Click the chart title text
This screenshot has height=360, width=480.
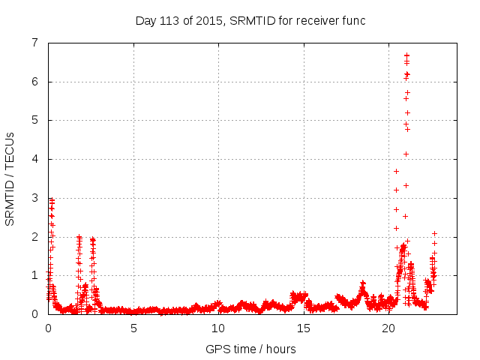pos(250,20)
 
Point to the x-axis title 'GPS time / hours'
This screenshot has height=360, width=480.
pos(250,349)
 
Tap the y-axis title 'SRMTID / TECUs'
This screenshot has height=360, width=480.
pos(10,178)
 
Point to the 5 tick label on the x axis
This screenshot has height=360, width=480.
pos(133,328)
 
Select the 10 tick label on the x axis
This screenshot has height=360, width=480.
pos(218,328)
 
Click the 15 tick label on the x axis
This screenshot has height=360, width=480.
pos(304,328)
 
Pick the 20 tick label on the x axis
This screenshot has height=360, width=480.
pos(388,328)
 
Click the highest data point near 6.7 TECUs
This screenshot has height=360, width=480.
pos(406,55)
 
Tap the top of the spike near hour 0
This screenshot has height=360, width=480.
pos(51,199)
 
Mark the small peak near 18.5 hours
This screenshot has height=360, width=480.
pos(363,283)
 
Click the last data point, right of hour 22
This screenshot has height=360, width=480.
pos(434,234)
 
